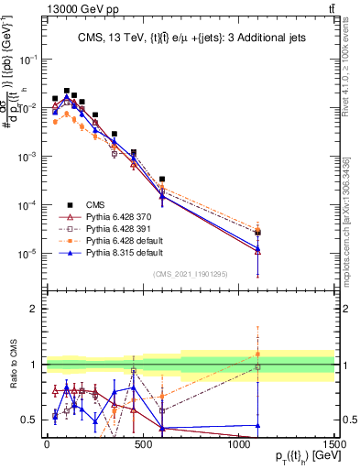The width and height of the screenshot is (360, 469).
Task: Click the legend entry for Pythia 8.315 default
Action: coord(115,251)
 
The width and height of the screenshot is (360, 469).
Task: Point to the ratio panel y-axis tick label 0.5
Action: coord(30,420)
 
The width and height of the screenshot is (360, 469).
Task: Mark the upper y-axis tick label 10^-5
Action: coord(28,253)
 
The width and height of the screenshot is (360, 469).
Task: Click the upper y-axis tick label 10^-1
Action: coord(28,59)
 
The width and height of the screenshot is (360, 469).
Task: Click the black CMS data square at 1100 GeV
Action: coord(258,233)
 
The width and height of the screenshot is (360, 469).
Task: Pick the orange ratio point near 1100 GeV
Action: coord(258,354)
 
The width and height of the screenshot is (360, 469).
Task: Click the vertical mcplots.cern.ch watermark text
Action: coord(352,197)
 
